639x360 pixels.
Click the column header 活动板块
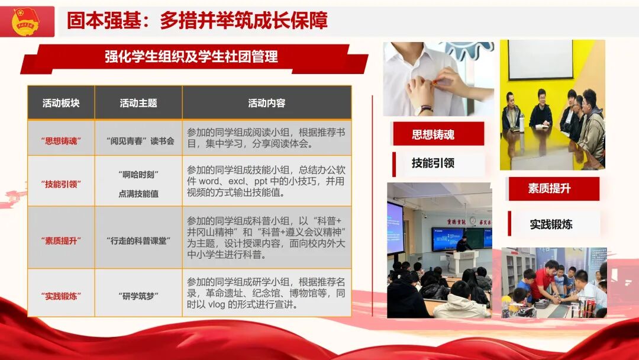point(61,102)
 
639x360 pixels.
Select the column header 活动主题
point(138,102)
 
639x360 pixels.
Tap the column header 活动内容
point(267,102)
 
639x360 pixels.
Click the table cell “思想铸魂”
point(61,141)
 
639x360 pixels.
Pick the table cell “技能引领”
point(61,184)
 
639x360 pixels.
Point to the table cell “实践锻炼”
point(61,295)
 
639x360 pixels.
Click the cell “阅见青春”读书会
point(138,141)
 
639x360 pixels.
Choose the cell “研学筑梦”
point(138,295)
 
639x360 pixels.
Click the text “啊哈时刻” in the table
point(138,175)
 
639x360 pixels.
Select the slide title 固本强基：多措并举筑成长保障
point(197,21)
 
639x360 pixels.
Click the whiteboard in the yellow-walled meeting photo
point(540,60)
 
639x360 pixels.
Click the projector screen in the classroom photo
point(395,227)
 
